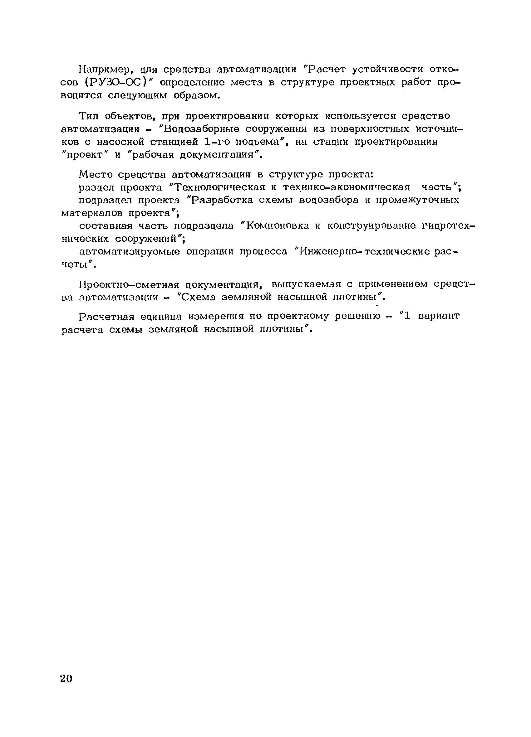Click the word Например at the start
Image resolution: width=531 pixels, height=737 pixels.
coord(105,70)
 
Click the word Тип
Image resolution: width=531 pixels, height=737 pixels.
coord(89,116)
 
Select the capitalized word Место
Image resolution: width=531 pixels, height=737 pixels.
coord(95,175)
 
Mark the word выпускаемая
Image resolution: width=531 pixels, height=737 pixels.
coord(306,284)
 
